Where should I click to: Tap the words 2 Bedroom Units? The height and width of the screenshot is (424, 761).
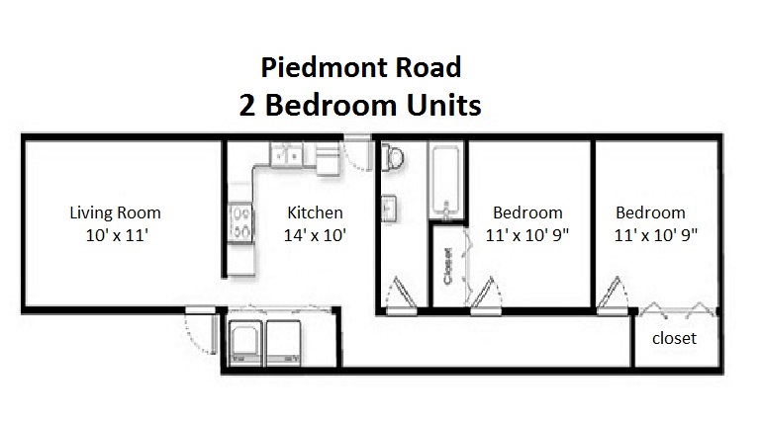click(x=360, y=105)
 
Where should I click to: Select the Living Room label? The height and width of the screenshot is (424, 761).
click(x=115, y=212)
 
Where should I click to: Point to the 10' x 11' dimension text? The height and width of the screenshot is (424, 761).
click(x=117, y=235)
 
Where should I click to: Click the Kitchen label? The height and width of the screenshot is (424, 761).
click(x=315, y=212)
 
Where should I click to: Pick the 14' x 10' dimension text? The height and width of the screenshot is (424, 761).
click(x=315, y=235)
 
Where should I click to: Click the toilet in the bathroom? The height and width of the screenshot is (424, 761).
click(x=392, y=157)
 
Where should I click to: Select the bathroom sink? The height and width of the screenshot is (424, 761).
click(x=388, y=209)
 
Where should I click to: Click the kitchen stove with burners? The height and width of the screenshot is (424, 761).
click(x=240, y=222)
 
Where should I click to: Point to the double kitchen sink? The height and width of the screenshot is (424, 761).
click(x=286, y=154)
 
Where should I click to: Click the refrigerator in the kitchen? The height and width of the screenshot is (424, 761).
click(x=329, y=158)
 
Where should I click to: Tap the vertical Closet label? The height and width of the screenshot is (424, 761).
click(x=447, y=266)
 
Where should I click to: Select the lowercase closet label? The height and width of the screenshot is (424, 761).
click(x=674, y=338)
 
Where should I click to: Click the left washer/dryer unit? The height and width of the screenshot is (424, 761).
click(x=245, y=343)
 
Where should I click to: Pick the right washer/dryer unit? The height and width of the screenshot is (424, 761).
click(x=283, y=343)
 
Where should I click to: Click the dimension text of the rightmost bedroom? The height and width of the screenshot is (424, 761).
click(x=656, y=235)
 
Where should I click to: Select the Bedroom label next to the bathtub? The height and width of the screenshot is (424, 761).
click(x=527, y=212)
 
